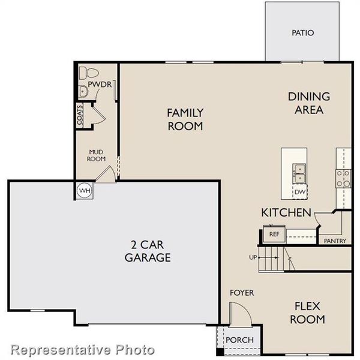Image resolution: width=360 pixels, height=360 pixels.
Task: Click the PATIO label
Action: pyautogui.click(x=303, y=33)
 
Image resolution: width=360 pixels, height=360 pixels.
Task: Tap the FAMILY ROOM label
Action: pyautogui.click(x=185, y=119)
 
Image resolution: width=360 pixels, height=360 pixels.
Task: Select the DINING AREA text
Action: pyautogui.click(x=309, y=103)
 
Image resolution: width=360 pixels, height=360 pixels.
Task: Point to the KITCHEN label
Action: pyautogui.click(x=286, y=212)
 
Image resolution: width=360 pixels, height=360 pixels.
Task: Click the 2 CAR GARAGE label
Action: pyautogui.click(x=148, y=251)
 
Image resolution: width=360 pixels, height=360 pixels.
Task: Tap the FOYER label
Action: pyautogui.click(x=242, y=293)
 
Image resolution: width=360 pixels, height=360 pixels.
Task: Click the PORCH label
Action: pyautogui.click(x=239, y=340)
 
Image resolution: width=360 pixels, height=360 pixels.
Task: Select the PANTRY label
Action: pyautogui.click(x=335, y=241)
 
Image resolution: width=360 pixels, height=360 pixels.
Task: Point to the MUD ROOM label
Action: pyautogui.click(x=97, y=155)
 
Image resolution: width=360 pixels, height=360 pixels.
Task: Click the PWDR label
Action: pyautogui.click(x=99, y=85)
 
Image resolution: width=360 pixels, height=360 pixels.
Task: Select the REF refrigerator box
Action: pyautogui.click(x=274, y=234)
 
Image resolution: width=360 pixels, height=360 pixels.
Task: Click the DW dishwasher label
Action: pyautogui.click(x=299, y=192)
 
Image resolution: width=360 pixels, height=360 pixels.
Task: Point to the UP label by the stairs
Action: pyautogui.click(x=253, y=258)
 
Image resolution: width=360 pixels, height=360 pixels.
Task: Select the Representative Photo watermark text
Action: pyautogui.click(x=83, y=349)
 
